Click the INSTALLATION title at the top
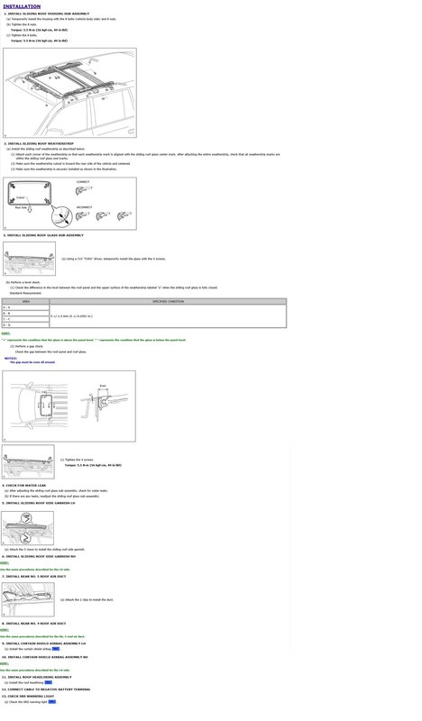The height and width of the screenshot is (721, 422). tap(22, 5)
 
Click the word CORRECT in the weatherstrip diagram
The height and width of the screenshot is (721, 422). tap(83, 182)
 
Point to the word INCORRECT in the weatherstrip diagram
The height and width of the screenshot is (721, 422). tap(85, 207)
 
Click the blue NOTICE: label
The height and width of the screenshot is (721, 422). tap(11, 357)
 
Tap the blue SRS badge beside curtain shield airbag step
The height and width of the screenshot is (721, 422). tap(56, 648)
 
